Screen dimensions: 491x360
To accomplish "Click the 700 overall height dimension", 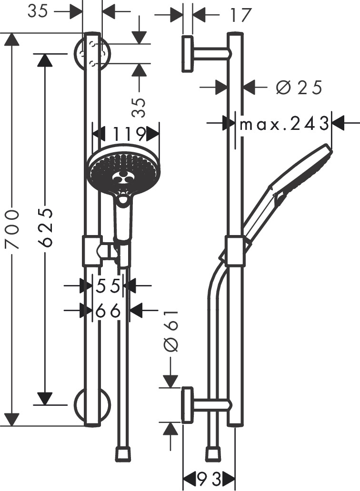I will (x=13, y=229).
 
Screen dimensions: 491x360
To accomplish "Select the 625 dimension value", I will (x=46, y=226).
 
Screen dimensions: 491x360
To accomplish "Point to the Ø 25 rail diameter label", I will (x=300, y=88).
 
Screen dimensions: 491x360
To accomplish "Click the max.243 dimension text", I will (x=284, y=125).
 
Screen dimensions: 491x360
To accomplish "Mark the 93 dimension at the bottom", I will (x=209, y=478).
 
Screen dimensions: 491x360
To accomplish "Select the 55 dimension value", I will (x=108, y=286).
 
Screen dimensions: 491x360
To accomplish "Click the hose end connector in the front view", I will (x=123, y=453).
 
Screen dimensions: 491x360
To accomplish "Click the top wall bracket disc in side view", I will (x=188, y=54).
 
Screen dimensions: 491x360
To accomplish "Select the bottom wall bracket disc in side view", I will (x=188, y=405).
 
